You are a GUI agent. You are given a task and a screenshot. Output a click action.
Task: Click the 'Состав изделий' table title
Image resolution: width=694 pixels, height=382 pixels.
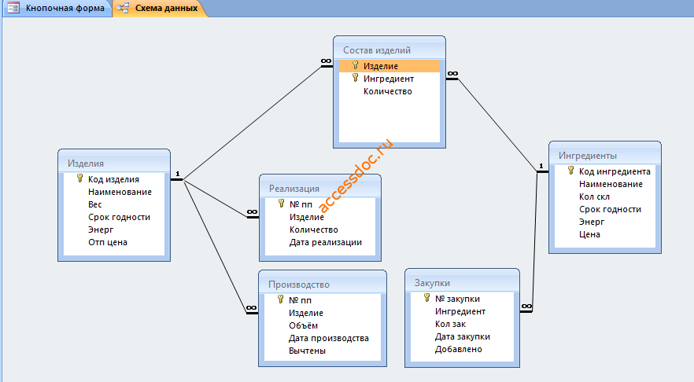click(x=377, y=50)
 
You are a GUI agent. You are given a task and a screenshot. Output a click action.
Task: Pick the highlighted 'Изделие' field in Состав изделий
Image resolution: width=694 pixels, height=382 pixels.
click(x=381, y=66)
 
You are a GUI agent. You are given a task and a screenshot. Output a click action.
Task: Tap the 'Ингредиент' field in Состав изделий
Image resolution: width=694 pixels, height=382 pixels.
click(x=389, y=79)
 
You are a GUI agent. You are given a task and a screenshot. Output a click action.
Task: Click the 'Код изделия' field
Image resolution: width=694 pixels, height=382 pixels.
click(x=113, y=179)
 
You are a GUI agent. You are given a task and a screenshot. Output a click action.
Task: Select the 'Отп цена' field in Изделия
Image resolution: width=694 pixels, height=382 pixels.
click(x=108, y=242)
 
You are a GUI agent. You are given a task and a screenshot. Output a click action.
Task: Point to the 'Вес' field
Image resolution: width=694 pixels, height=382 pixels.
click(x=94, y=204)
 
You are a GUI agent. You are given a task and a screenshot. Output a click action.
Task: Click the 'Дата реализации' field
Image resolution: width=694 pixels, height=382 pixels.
click(x=326, y=242)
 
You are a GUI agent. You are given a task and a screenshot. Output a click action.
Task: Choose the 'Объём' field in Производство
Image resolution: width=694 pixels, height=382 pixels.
click(x=303, y=325)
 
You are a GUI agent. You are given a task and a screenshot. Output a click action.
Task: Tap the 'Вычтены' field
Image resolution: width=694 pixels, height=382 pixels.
click(x=307, y=351)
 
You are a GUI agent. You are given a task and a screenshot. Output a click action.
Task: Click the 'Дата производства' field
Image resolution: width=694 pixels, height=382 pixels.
click(x=329, y=338)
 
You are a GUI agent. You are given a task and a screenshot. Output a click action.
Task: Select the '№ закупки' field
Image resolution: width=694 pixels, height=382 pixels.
click(x=457, y=299)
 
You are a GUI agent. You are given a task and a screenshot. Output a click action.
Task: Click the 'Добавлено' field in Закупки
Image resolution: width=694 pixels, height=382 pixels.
click(x=459, y=349)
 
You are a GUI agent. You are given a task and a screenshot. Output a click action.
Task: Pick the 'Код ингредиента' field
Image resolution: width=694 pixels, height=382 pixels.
click(x=615, y=171)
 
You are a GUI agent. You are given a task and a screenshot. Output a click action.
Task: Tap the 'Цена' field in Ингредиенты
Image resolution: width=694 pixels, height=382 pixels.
click(x=589, y=234)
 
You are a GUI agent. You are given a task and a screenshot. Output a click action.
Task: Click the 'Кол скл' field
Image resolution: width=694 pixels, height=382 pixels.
click(x=594, y=197)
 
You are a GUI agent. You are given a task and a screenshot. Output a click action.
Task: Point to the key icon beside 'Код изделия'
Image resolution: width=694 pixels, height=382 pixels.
click(x=79, y=178)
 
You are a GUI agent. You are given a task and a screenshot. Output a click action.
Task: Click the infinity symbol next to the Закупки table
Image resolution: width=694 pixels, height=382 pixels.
click(x=526, y=306)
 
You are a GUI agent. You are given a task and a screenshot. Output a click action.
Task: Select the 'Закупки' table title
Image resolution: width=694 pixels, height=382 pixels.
click(x=432, y=283)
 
